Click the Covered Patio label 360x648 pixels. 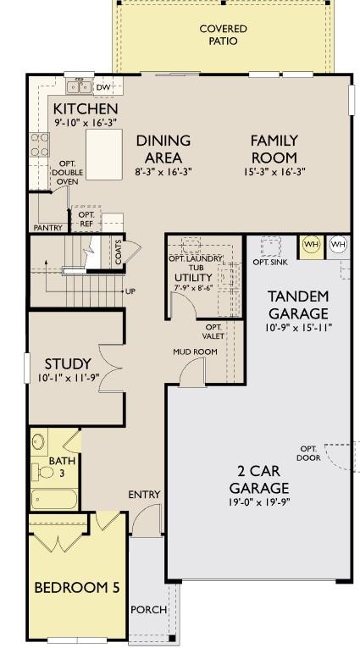224,35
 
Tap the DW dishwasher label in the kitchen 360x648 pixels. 103,86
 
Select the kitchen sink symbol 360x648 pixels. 80,86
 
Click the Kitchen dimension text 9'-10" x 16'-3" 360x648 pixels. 86,123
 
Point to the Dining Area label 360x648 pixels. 163,149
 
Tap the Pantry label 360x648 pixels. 47,228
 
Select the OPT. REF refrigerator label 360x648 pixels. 86,219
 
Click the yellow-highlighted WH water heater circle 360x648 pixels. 311,245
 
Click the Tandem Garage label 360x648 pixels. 297,305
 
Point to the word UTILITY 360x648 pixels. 193,278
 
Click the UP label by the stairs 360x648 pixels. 130,291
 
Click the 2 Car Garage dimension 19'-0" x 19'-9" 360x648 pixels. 259,503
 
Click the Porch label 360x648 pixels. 148,609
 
